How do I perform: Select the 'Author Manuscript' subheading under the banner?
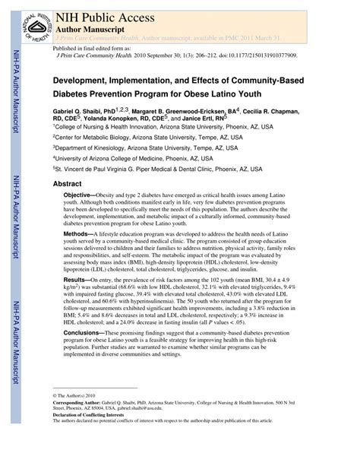[x=89, y=27]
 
